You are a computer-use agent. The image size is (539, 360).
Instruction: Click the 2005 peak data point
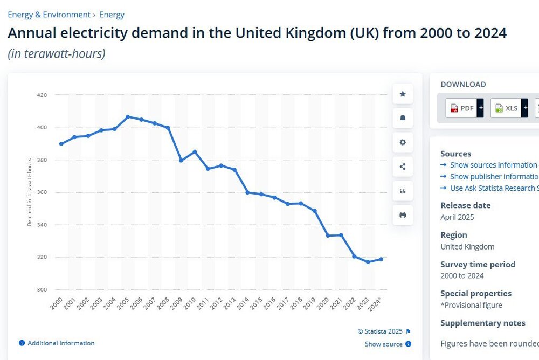coord(128,117)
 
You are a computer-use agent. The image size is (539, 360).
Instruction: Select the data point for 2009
coord(181,161)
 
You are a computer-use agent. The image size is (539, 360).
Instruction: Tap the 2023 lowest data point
coord(368,262)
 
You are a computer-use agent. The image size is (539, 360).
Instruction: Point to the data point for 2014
coord(247,192)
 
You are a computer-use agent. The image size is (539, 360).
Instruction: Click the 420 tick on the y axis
coord(42,95)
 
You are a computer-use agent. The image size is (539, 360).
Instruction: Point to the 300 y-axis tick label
coord(42,289)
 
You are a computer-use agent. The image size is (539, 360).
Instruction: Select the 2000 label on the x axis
coord(57,303)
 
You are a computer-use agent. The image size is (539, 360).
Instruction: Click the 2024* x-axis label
coord(375,304)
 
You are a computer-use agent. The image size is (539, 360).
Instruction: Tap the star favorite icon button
coord(403,94)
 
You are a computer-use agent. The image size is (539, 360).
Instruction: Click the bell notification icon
coord(403,118)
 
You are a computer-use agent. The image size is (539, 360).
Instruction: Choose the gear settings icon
coord(403,142)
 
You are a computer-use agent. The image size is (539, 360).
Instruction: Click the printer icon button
coord(403,215)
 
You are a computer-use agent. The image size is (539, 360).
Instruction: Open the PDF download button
coord(462,108)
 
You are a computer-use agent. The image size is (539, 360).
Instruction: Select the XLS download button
coord(507,108)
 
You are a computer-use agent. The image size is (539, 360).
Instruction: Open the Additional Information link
coord(61,343)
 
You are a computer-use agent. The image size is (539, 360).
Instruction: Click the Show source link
coord(384,344)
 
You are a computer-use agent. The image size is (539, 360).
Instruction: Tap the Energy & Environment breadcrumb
coord(49,15)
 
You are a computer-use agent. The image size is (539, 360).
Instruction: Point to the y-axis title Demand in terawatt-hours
coord(30,192)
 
